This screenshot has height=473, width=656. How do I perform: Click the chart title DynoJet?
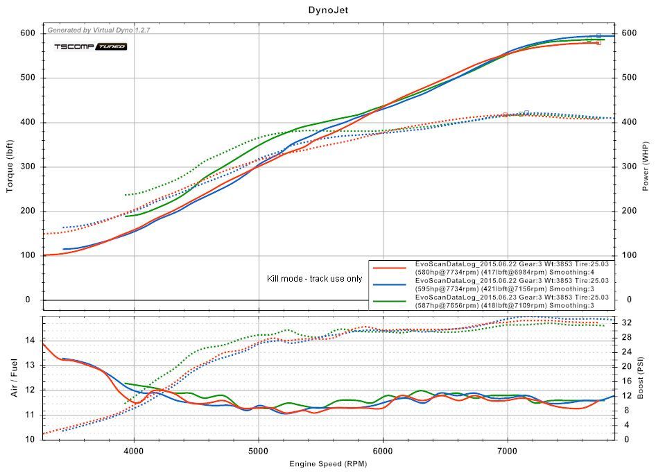click(328, 10)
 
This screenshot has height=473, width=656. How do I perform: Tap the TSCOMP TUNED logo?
click(90, 46)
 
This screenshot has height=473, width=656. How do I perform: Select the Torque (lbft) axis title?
click(11, 166)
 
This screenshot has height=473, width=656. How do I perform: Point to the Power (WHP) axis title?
click(644, 166)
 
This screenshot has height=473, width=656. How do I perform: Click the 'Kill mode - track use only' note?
click(314, 279)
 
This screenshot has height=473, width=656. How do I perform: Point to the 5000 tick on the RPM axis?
click(259, 449)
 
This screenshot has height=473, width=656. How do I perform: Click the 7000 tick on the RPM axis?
click(508, 449)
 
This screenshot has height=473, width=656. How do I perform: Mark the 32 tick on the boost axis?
click(627, 322)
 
